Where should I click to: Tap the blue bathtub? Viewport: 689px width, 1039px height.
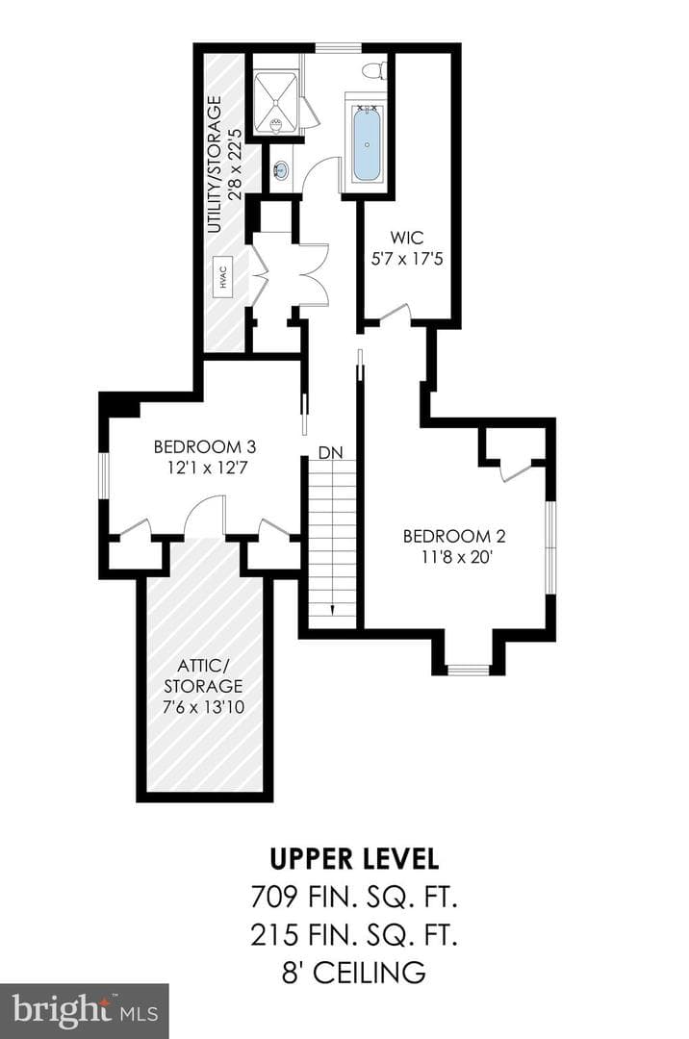pyautogui.click(x=367, y=145)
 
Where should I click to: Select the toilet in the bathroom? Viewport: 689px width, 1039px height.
pyautogui.click(x=374, y=69)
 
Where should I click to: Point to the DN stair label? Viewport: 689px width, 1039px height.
pyautogui.click(x=331, y=453)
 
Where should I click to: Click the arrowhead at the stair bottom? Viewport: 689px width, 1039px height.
pyautogui.click(x=332, y=611)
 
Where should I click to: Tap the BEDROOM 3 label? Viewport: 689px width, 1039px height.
pyautogui.click(x=205, y=446)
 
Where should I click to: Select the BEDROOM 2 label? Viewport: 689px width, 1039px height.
pyautogui.click(x=454, y=536)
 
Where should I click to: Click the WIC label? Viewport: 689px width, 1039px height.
pyautogui.click(x=407, y=238)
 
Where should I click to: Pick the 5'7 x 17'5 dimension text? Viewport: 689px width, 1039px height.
pyautogui.click(x=407, y=259)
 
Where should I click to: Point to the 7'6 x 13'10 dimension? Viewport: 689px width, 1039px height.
pyautogui.click(x=203, y=707)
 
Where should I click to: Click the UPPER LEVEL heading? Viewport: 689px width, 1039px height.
pyautogui.click(x=354, y=859)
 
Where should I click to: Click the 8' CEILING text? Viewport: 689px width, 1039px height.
pyautogui.click(x=354, y=973)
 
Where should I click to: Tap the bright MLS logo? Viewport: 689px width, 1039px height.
pyautogui.click(x=85, y=1010)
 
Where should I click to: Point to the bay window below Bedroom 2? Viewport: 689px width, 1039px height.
pyautogui.click(x=469, y=670)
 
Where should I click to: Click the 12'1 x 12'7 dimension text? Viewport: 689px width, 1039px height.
pyautogui.click(x=205, y=468)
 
